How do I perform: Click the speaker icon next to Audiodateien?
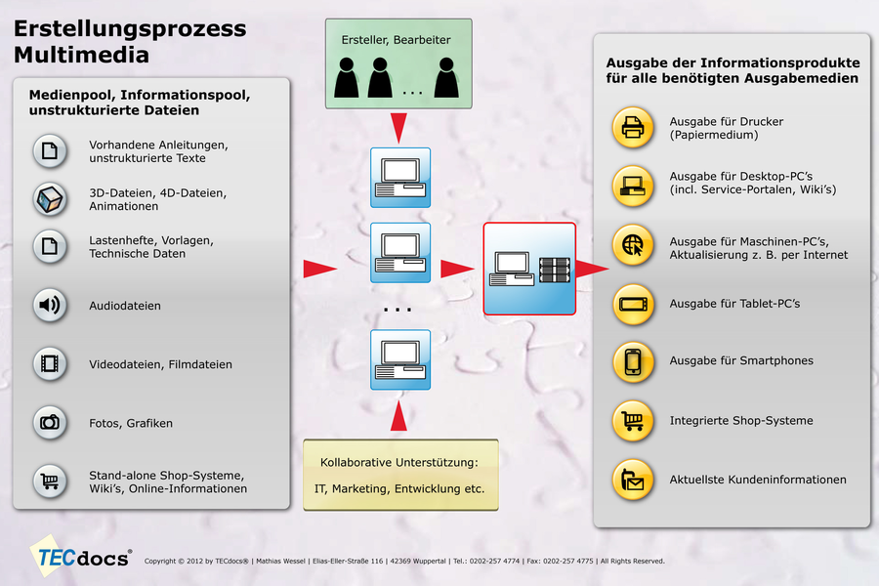[49, 306]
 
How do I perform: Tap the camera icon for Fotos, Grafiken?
[49, 422]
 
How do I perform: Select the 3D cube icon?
[49, 199]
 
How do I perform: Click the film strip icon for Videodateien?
[49, 364]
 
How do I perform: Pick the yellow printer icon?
[632, 129]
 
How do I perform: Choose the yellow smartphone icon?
[632, 361]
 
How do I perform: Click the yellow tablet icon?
[632, 304]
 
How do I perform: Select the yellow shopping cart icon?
[632, 421]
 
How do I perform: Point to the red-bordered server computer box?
[529, 269]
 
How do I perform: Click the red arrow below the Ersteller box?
[398, 125]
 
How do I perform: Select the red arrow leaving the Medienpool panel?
[318, 269]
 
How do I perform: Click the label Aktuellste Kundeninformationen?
[757, 480]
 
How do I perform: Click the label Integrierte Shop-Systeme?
[741, 421]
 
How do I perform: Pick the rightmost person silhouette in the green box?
[446, 77]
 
